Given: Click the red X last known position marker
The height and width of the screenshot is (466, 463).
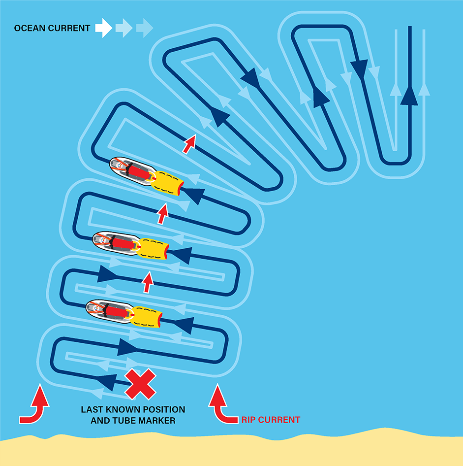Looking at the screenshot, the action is click(140, 384).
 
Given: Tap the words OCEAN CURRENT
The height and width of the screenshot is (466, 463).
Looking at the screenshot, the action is click(52, 28).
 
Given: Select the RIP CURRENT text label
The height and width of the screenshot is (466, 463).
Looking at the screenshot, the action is click(271, 420).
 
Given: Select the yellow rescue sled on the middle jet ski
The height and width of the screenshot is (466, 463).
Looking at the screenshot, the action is click(154, 249).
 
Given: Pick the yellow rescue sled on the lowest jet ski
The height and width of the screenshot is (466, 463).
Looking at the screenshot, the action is click(146, 317).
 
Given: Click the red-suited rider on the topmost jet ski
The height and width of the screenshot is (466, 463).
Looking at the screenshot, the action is click(138, 171).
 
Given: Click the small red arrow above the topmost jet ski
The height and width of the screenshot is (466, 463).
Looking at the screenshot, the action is click(189, 144).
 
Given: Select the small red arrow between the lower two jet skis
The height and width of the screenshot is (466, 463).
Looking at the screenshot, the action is click(148, 282).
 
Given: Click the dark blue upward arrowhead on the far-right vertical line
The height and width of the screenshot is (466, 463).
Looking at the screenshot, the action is click(409, 96).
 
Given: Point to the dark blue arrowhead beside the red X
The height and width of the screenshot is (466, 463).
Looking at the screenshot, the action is click(107, 382).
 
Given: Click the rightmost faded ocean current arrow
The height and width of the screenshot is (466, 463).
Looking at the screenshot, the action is click(145, 28).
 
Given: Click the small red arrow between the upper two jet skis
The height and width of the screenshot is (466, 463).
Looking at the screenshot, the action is click(163, 214).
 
